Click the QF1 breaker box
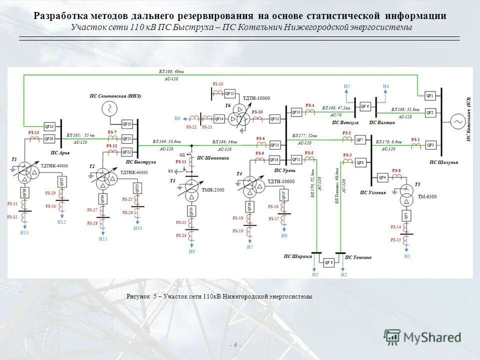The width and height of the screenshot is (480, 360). (430, 95)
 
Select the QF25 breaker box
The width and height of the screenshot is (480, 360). (48, 126)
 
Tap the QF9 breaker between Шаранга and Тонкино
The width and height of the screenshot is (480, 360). (328, 262)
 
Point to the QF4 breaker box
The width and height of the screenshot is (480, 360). (382, 177)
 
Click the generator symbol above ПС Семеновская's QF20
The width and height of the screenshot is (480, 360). (108, 108)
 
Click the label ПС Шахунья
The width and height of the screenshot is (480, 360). (444, 162)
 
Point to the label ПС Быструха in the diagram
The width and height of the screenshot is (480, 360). (141, 162)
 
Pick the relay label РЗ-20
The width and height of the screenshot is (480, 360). (217, 84)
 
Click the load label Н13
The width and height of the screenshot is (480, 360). (24, 233)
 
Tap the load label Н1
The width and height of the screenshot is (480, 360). (407, 256)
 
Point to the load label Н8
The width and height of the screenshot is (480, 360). (177, 118)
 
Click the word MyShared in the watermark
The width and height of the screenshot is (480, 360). (434, 337)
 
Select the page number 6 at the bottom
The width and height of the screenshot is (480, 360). (235, 345)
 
